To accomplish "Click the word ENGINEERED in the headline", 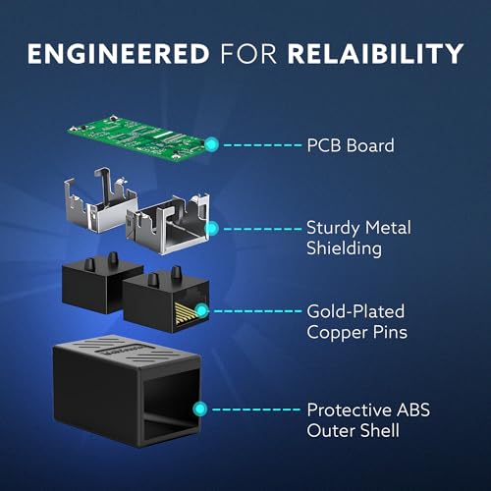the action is point(118,54).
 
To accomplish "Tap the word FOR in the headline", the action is point(248,54).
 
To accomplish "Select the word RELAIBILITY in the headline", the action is point(375,54).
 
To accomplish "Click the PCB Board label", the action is point(351,145).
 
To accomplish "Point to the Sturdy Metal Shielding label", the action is point(358,238).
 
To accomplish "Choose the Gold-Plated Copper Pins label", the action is point(357,322).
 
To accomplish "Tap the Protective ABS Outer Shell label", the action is point(368,420).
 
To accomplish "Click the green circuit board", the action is point(137,137).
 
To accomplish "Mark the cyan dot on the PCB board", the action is point(212,144).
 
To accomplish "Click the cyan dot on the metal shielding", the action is point(212,228).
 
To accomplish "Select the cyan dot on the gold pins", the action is point(202,310).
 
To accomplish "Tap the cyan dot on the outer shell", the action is point(200,409).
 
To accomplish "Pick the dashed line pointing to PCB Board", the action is point(262,144).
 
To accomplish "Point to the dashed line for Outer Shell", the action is point(256,409).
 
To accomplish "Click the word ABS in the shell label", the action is point(413,410).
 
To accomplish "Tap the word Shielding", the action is point(344,248).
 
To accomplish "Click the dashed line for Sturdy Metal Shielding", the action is point(262,229).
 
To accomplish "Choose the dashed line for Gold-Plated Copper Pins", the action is point(257,310).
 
